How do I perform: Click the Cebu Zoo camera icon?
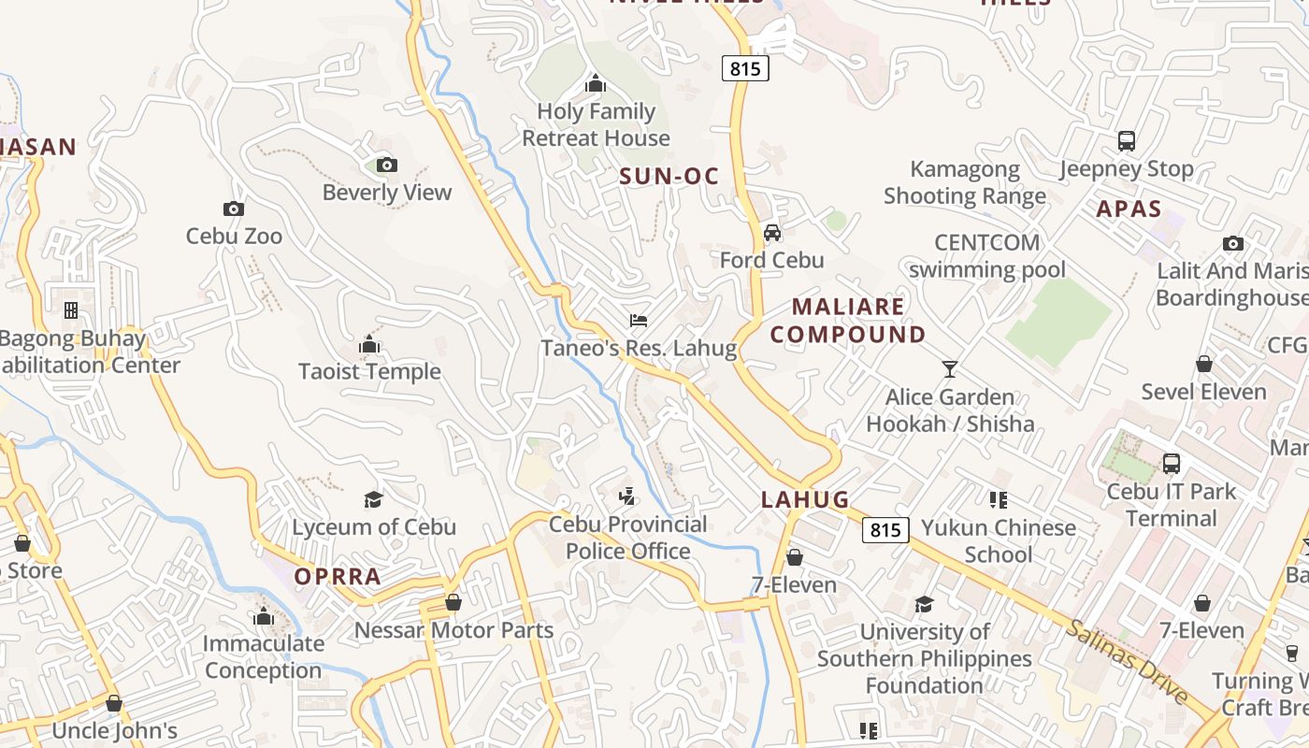coord(234,209)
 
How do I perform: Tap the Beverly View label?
coord(387,193)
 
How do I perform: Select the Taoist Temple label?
coord(369,371)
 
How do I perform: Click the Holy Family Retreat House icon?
coord(596,84)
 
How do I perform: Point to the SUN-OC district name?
coord(669,176)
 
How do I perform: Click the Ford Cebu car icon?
coord(772,233)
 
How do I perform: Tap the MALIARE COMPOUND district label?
coord(848,321)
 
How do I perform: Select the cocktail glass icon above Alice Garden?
coord(950,369)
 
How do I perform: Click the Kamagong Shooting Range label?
coord(965,182)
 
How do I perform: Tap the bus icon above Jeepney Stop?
coord(1127,141)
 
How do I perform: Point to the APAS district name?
coord(1129,209)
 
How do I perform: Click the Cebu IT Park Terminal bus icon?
coord(1171,463)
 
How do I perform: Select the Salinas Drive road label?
coord(1126,662)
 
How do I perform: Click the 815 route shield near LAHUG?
coord(885,530)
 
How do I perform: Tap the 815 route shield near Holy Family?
coord(745,68)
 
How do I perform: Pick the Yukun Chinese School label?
coord(999,540)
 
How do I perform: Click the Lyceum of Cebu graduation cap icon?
coord(373,499)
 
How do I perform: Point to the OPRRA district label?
coord(338,577)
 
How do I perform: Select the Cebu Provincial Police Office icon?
coord(627,496)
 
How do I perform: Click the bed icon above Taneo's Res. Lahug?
coord(639,321)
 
